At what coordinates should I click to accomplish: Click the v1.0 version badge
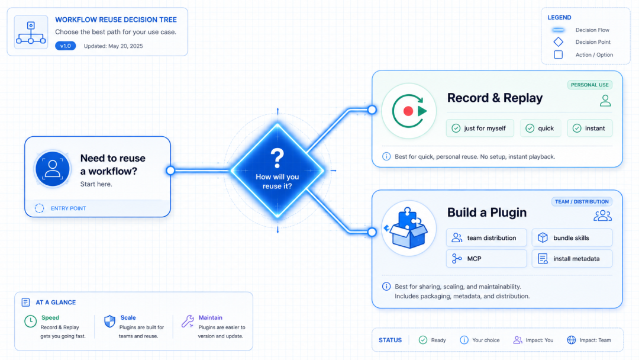(x=65, y=46)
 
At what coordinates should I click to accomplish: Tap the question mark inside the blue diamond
(x=277, y=158)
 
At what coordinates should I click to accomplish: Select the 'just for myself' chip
(x=480, y=128)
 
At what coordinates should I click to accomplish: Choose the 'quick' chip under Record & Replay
(x=540, y=128)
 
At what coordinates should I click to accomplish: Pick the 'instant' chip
(x=589, y=128)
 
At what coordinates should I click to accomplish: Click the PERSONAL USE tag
(x=590, y=85)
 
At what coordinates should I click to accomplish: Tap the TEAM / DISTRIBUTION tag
(x=582, y=201)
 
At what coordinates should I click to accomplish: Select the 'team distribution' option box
(x=486, y=237)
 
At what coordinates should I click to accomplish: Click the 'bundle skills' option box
(x=572, y=237)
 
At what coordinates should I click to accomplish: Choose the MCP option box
(x=486, y=259)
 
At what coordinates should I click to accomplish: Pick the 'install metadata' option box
(x=572, y=259)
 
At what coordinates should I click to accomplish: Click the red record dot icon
(x=408, y=111)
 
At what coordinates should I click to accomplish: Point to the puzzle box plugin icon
(x=408, y=229)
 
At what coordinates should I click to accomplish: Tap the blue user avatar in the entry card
(x=53, y=169)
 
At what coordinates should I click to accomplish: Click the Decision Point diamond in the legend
(x=559, y=41)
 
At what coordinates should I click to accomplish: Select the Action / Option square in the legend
(x=559, y=54)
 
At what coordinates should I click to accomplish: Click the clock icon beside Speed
(x=30, y=322)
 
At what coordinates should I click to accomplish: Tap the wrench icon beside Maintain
(x=188, y=322)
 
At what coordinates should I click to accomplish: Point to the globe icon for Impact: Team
(x=572, y=340)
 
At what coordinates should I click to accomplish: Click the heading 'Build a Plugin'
(x=486, y=213)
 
